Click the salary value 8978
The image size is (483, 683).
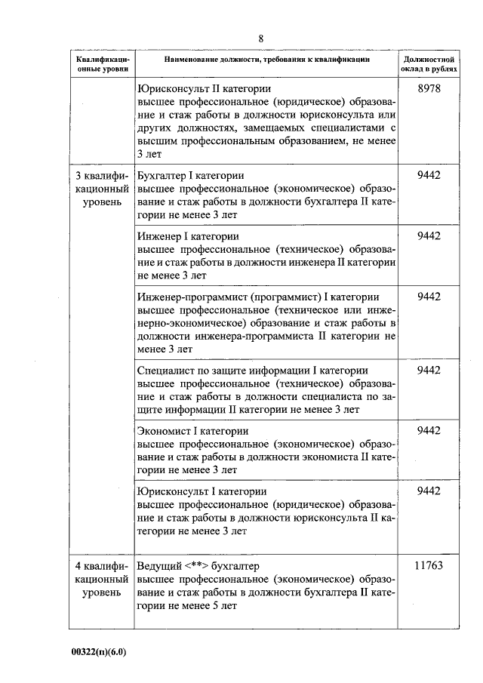(428, 89)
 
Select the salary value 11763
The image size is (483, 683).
(428, 565)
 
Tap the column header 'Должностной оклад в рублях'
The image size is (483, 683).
(428, 64)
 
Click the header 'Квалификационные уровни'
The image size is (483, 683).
(103, 64)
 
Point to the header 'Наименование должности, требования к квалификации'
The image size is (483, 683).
(267, 60)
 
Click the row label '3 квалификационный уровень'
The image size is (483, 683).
(103, 192)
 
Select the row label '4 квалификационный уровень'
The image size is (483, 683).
(103, 579)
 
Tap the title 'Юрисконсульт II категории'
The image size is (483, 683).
(202, 89)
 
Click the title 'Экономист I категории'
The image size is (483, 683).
(194, 430)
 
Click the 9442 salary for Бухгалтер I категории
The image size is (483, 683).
(428, 176)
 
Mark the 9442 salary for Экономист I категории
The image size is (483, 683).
(428, 430)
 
